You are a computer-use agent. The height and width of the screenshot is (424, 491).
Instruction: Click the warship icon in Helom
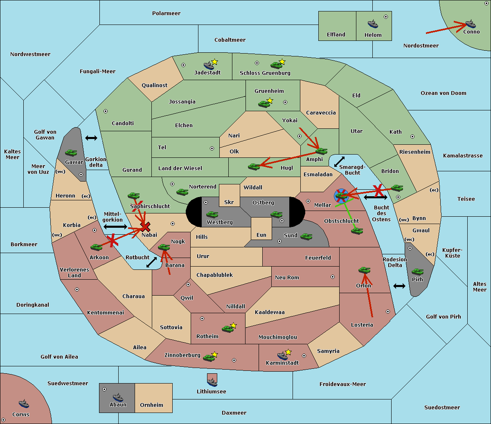(373, 24)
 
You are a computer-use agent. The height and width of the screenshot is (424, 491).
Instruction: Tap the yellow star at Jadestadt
(214, 62)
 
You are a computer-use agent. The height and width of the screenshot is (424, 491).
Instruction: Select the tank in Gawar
(71, 153)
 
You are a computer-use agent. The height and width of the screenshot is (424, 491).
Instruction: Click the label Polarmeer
(166, 13)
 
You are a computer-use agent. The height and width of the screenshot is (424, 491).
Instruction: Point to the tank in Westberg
(212, 214)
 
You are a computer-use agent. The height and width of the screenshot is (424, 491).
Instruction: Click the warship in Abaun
(118, 397)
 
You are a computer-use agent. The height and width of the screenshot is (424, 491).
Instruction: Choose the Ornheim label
(151, 405)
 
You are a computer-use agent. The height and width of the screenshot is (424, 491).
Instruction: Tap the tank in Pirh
(417, 271)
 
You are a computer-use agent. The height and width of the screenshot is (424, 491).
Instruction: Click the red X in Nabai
(145, 227)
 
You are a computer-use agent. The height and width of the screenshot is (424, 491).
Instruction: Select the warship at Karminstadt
(282, 355)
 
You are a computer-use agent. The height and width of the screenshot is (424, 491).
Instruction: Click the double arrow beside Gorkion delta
(91, 138)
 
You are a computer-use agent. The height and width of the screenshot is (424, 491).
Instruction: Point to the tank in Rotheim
(228, 329)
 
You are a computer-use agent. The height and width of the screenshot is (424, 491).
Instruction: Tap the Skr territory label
(229, 202)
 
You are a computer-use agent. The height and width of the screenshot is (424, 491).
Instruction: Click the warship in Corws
(24, 404)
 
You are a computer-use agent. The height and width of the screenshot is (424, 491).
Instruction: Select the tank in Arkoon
(97, 247)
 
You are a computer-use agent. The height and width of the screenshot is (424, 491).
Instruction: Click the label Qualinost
(154, 85)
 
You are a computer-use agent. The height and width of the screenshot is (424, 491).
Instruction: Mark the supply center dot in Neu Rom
(333, 277)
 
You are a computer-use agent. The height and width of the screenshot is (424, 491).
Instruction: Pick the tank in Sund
(306, 236)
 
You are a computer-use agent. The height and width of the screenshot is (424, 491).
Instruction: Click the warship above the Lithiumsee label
(212, 382)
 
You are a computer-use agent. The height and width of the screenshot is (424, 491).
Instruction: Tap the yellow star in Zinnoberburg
(214, 354)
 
